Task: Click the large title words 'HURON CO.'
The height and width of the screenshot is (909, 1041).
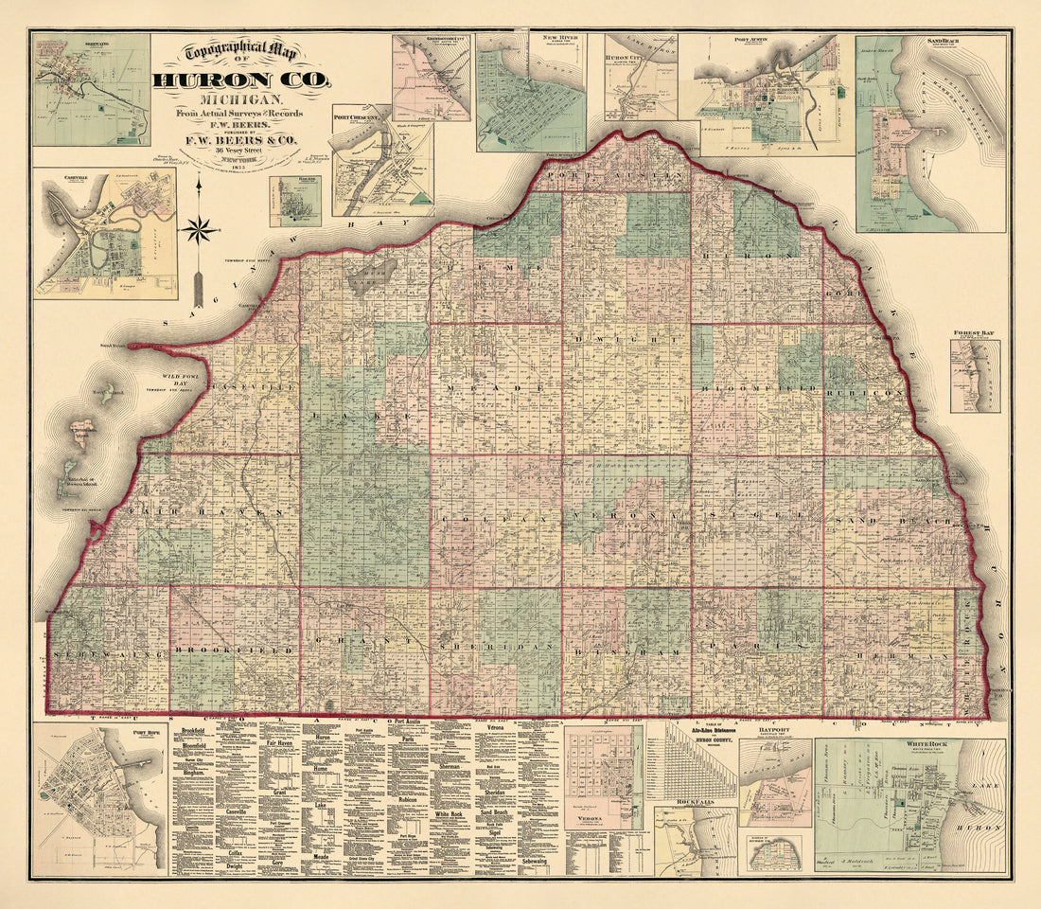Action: pyautogui.click(x=242, y=80)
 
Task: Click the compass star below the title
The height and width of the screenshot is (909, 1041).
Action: pyautogui.click(x=198, y=228)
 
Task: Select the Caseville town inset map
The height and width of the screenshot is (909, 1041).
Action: pyautogui.click(x=105, y=234)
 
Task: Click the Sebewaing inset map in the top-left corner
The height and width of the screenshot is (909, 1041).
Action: pyautogui.click(x=91, y=90)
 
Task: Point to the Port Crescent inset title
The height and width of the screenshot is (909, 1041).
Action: pyautogui.click(x=356, y=118)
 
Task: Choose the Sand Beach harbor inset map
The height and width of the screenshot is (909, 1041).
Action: pyautogui.click(x=930, y=134)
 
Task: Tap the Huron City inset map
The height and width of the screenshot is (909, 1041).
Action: pyautogui.click(x=641, y=90)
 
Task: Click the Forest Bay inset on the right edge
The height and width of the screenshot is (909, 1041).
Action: pyautogui.click(x=975, y=376)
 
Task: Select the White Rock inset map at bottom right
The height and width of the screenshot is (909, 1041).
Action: pyautogui.click(x=909, y=806)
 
